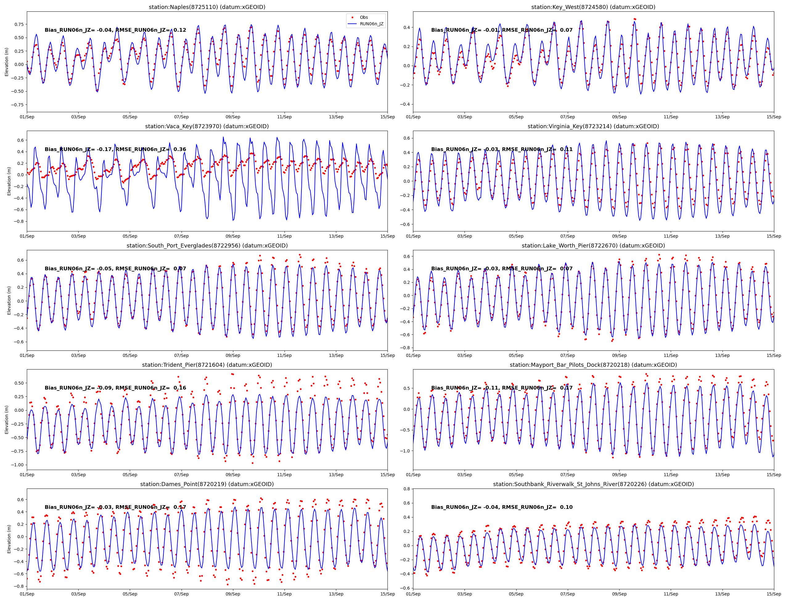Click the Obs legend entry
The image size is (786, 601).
click(363, 17)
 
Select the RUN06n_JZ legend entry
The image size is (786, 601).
click(371, 24)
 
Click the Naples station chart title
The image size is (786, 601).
click(207, 7)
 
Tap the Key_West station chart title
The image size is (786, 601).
click(593, 7)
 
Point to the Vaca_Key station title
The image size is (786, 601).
click(207, 126)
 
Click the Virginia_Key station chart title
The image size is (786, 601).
click(593, 126)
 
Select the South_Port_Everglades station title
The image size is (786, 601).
click(207, 245)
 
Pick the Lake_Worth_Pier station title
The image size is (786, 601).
click(593, 245)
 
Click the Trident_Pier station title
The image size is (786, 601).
click(207, 365)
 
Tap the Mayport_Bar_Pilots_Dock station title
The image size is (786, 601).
click(593, 365)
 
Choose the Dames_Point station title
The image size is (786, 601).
click(207, 484)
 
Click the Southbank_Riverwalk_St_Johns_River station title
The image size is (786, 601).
click(593, 484)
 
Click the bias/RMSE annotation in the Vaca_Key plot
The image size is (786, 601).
click(115, 149)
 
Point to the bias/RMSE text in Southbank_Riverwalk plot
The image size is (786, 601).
click(501, 507)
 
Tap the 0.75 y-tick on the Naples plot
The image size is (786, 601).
click(19, 24)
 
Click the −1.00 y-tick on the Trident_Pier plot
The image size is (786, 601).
click(18, 465)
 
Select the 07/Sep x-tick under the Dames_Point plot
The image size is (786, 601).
click(181, 594)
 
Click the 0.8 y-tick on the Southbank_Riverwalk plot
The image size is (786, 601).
click(407, 489)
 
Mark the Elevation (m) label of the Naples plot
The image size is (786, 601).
click(6, 62)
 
